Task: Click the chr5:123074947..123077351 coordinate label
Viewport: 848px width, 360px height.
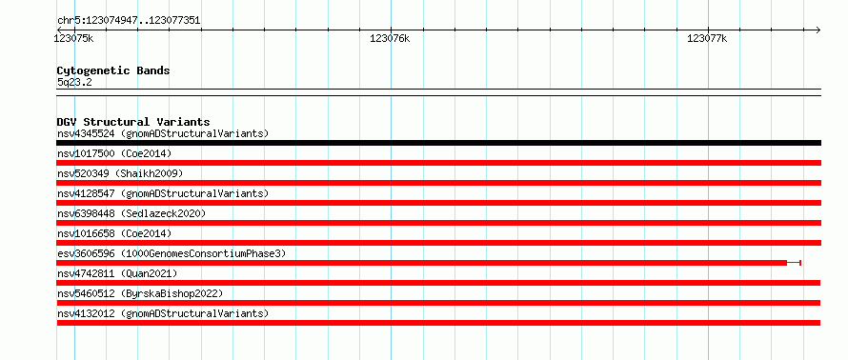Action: pos(129,21)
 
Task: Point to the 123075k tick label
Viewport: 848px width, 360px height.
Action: pos(74,38)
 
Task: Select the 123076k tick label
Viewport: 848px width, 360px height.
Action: pos(390,38)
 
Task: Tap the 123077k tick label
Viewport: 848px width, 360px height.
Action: pos(707,38)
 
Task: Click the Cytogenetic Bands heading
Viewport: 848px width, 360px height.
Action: pos(113,70)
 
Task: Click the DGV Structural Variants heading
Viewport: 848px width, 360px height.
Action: pos(133,122)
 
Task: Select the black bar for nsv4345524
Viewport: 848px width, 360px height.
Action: pos(438,143)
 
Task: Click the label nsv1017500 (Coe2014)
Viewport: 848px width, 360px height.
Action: pos(114,153)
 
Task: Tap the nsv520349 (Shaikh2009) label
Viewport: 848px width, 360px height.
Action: pos(120,173)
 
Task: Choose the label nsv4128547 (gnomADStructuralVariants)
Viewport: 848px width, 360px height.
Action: pos(163,193)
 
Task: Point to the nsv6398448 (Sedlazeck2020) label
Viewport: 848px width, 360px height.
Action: pos(131,213)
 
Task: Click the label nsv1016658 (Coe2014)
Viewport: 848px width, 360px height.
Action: pos(114,233)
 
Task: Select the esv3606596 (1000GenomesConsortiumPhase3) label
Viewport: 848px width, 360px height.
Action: pos(172,253)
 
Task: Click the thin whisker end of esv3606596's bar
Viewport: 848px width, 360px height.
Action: pos(799,263)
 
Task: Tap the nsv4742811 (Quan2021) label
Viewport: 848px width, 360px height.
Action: pos(117,273)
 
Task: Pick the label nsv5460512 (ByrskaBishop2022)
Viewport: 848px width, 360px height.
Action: pos(140,293)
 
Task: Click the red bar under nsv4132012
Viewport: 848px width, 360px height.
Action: pos(438,323)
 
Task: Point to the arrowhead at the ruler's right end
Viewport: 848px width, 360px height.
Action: pos(818,30)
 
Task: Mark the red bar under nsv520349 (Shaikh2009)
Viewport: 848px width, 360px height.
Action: pos(438,183)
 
